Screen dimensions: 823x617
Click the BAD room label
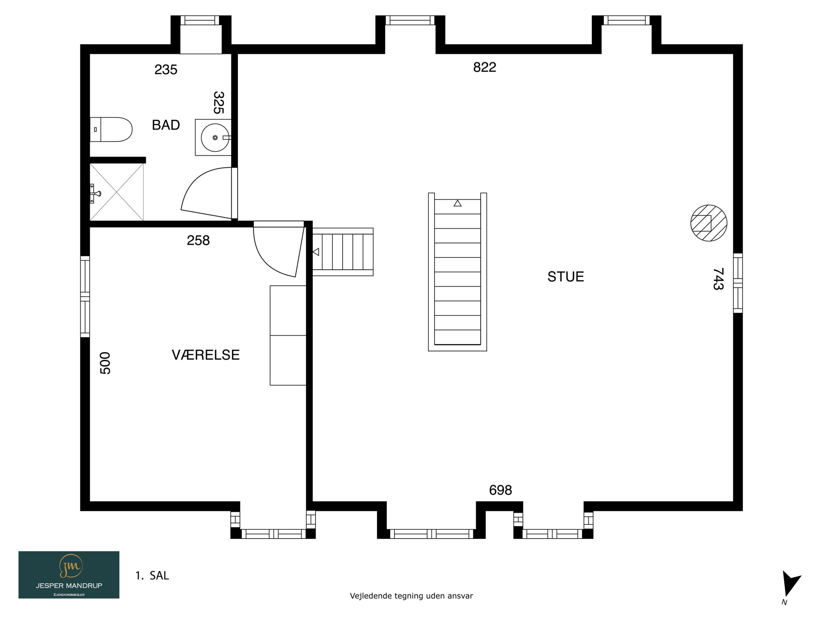tap(166, 125)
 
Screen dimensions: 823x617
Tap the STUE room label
tap(565, 276)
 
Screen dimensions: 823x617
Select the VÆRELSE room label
tap(205, 355)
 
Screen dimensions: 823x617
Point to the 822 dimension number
tap(484, 67)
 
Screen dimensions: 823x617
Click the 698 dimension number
tap(500, 490)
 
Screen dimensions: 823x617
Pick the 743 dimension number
tap(718, 279)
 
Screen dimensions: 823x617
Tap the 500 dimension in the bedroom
tap(105, 363)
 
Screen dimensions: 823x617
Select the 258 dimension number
tap(198, 240)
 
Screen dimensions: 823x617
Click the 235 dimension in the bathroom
tap(166, 70)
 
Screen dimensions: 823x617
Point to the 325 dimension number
tap(219, 102)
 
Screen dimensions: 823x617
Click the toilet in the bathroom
tap(111, 130)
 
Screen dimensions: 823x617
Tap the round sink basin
tap(215, 137)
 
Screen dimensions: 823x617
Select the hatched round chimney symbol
tap(709, 223)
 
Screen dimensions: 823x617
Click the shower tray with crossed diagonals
tap(117, 192)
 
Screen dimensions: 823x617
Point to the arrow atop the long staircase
tap(458, 203)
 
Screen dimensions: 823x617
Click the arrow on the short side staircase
tap(316, 252)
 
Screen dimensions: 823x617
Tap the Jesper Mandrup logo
tap(69, 575)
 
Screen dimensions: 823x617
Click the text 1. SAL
tap(152, 575)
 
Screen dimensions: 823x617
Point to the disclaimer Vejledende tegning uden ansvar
tap(411, 596)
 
